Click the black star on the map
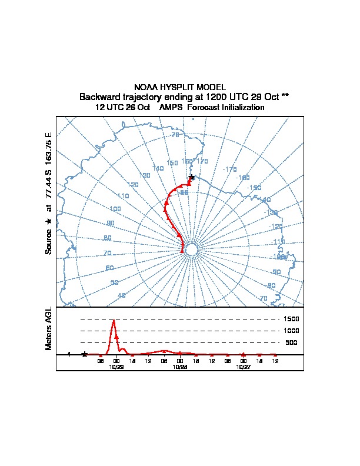[x=191, y=177]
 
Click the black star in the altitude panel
[x=85, y=354]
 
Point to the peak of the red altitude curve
[x=113, y=320]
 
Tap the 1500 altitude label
[x=292, y=319]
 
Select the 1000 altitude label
[x=292, y=331]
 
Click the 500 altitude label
[x=291, y=342]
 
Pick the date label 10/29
[x=116, y=366]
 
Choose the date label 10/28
[x=180, y=366]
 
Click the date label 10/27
[x=243, y=366]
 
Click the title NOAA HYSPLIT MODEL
[x=180, y=87]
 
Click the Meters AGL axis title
[x=49, y=329]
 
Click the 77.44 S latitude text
[x=49, y=186]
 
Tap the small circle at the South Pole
[x=191, y=250]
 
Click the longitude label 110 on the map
[x=123, y=196]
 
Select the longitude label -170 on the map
[x=230, y=169]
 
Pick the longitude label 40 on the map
[x=122, y=295]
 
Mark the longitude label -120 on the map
[x=275, y=227]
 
